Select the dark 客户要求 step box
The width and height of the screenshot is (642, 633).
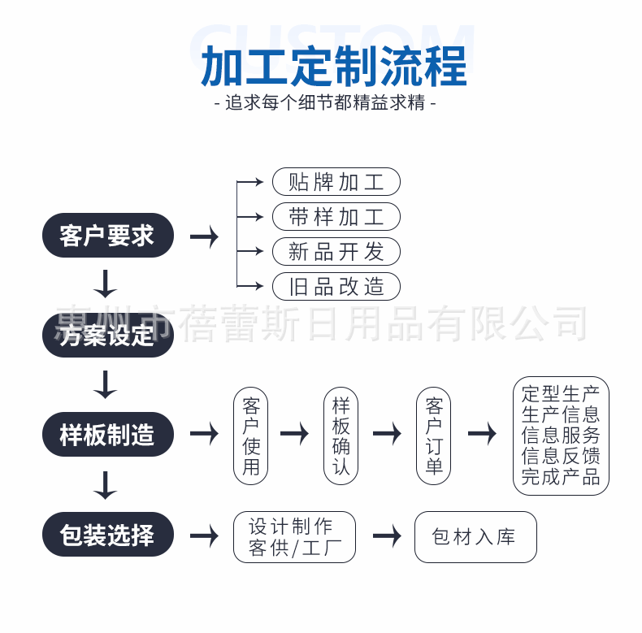point(108,236)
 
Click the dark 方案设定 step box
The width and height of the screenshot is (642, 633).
point(108,335)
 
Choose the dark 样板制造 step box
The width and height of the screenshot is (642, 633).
point(108,435)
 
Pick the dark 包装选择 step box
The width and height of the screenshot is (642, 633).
point(108,534)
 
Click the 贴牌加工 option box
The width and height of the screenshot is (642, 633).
point(336,181)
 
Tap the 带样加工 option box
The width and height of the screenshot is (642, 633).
point(336,216)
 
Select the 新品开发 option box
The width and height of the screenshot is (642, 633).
point(336,251)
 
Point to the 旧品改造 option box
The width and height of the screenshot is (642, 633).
point(336,286)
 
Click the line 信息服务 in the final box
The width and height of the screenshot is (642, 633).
point(561,435)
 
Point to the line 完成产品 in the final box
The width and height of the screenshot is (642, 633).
point(561,477)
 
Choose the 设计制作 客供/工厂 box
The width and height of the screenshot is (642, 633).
point(295,536)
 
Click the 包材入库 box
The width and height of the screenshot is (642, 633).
point(475,536)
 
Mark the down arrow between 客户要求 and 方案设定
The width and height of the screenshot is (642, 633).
point(106,284)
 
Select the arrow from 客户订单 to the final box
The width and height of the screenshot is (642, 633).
point(482,434)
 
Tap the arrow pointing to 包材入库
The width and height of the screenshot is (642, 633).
point(387,536)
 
